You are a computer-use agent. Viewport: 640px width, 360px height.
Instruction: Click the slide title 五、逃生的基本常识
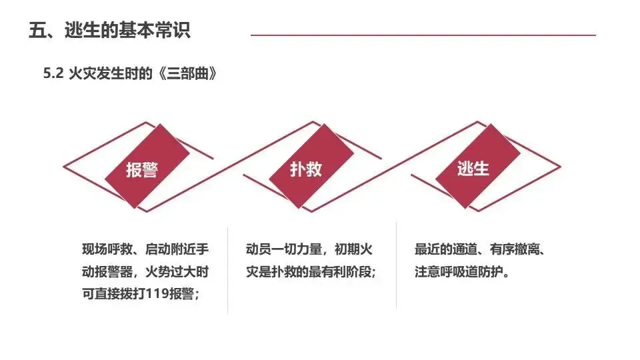pos(110,31)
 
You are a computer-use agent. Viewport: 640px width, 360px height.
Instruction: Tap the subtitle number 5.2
pos(53,74)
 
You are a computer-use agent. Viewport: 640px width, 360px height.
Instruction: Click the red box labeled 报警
pos(142,169)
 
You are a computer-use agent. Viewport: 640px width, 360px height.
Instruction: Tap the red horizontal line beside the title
pos(423,35)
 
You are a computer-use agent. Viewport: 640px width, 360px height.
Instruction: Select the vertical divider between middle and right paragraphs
pos(397,267)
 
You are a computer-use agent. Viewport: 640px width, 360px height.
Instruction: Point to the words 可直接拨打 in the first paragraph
pos(111,294)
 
